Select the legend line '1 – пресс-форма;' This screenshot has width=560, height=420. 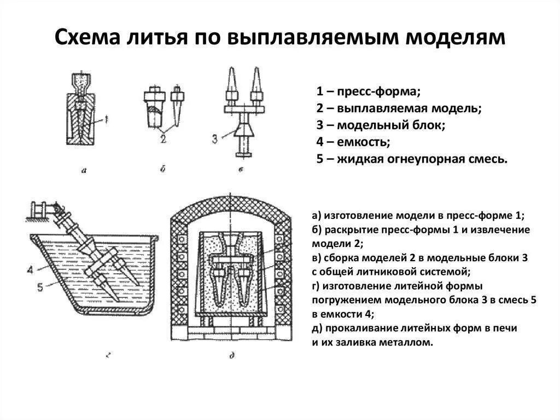(367, 90)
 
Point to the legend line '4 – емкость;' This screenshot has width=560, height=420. (353, 142)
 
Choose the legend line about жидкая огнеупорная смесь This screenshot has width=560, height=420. (412, 160)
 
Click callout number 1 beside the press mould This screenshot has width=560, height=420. (107, 118)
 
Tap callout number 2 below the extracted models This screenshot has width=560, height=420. (162, 139)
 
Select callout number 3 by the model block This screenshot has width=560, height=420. (215, 138)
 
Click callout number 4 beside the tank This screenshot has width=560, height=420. (29, 269)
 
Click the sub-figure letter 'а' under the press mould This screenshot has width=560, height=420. (84, 170)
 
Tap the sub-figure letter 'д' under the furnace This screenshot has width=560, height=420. (232, 355)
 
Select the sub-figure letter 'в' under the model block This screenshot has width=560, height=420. (241, 170)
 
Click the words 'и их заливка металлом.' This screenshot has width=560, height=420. (372, 343)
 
